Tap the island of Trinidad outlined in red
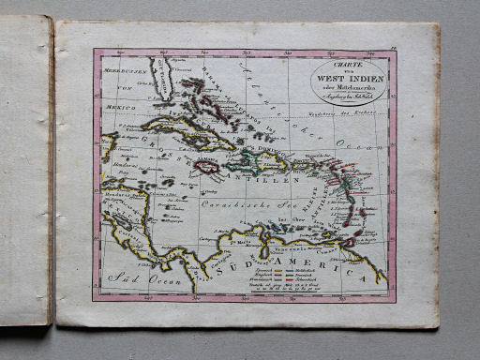(349, 242)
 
